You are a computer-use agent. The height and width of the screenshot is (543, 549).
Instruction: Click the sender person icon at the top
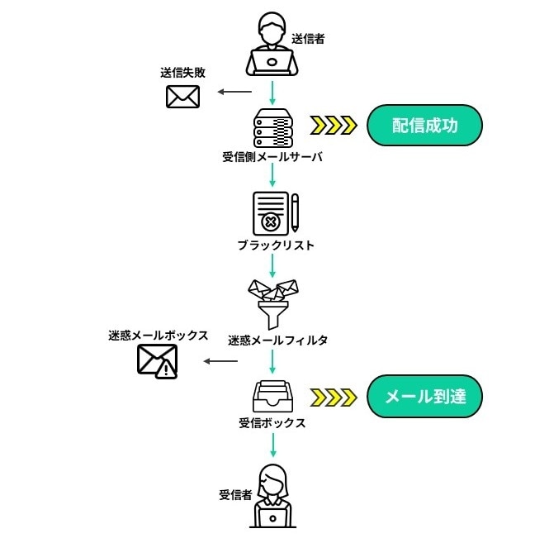pos(272,45)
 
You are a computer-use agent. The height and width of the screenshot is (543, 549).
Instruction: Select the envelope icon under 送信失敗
pos(182,97)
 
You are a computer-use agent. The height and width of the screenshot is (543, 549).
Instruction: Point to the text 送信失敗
pos(182,73)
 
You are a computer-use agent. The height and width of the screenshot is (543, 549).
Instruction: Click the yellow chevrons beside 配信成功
pos(334,126)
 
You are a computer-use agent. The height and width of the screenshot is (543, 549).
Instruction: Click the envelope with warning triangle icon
pos(157,361)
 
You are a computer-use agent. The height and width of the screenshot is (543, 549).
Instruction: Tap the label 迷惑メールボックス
pos(157,336)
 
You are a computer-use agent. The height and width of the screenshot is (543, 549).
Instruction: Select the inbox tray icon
pos(272,397)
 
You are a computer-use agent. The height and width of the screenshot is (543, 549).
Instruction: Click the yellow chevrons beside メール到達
pos(334,398)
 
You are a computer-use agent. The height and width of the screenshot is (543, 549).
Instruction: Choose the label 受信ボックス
pos(272,423)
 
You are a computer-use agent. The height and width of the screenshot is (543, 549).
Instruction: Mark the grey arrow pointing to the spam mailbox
pos(220,361)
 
